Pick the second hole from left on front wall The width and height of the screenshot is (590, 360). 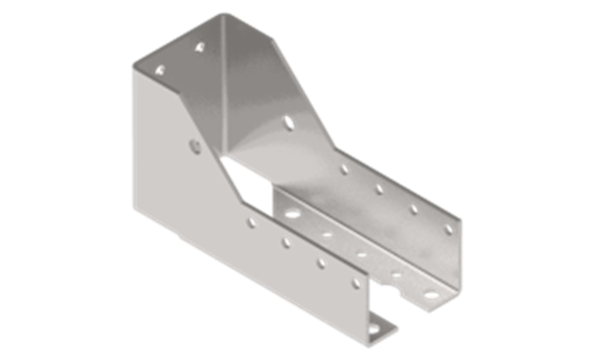click(x=285, y=242)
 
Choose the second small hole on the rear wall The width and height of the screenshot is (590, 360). click(x=378, y=189)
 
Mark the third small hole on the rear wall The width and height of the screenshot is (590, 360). click(x=413, y=209)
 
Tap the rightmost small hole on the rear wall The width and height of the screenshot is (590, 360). click(x=448, y=229)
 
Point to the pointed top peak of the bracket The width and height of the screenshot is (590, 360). click(x=218, y=15)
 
